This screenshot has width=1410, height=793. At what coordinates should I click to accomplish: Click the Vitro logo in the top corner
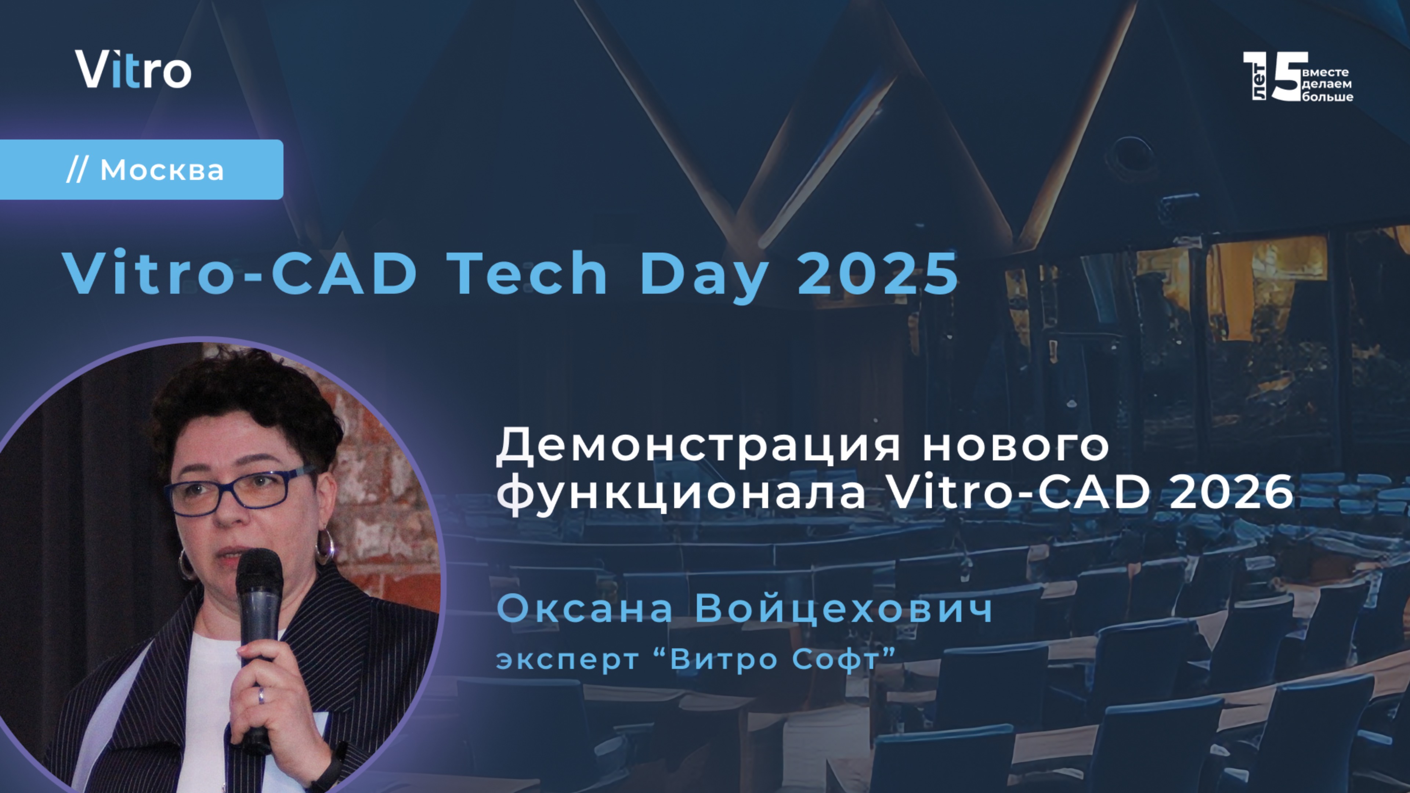pyautogui.click(x=133, y=69)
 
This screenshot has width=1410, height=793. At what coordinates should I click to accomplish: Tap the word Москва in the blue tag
pyautogui.click(x=162, y=170)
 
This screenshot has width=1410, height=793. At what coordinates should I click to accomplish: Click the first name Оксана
pyautogui.click(x=585, y=609)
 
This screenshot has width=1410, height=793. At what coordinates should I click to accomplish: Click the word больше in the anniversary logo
pyautogui.click(x=1327, y=97)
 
